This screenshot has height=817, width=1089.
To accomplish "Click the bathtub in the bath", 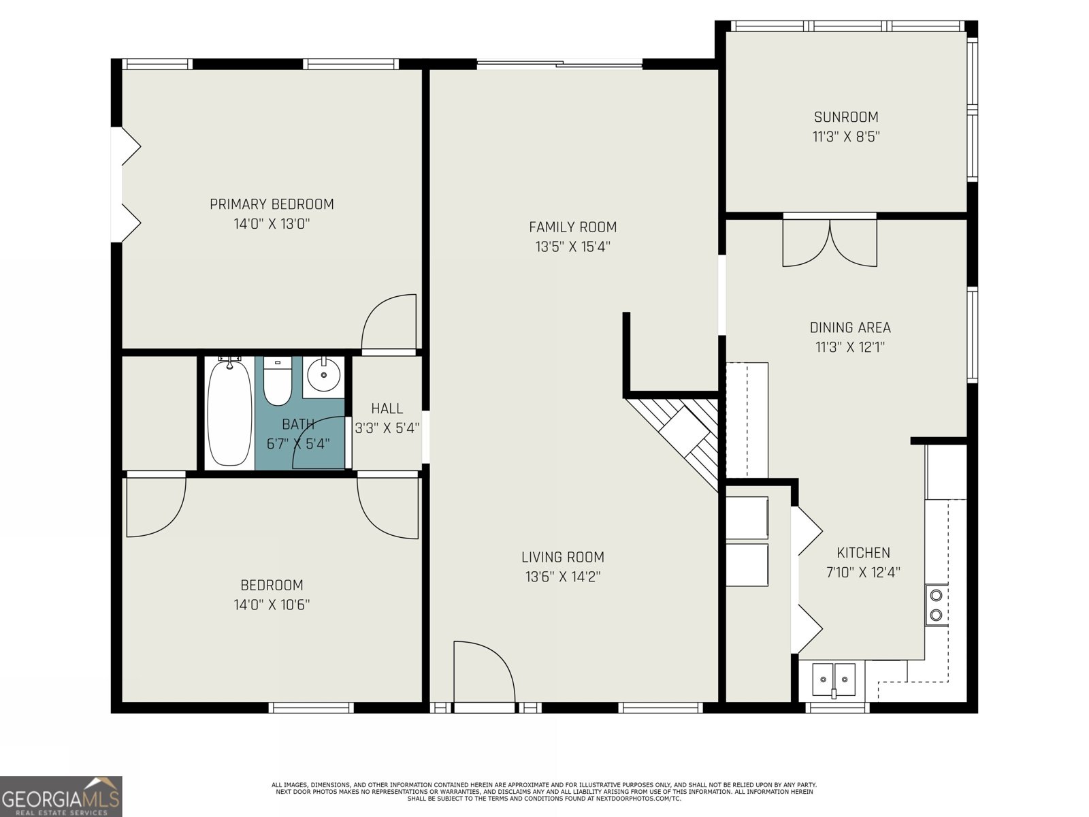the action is pos(229,413).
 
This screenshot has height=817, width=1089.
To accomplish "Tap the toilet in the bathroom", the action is pos(277,381).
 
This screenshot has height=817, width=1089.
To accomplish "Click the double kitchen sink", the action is pos(834,679).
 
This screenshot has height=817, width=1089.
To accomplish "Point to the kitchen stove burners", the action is pos(936,606).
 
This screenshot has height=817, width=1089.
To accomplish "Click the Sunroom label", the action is pos(846,117).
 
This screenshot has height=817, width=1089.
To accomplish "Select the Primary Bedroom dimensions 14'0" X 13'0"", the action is pos(272,224).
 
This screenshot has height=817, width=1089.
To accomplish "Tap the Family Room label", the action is pos(573,227).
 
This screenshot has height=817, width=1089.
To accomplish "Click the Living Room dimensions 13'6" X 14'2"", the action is pos(563,577).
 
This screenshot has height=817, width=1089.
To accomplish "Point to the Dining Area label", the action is pos(850,327).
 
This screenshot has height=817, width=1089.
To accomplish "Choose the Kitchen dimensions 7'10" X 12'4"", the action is pos(863,572).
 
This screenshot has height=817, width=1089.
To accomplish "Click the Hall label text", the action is pos(387,408).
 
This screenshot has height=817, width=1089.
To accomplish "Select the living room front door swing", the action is pos(484,672).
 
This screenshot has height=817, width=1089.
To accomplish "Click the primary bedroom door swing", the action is pos(389,323).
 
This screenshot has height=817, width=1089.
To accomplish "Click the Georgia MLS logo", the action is pos(61,796).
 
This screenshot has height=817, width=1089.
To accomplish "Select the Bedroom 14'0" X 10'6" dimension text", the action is pos(272,605).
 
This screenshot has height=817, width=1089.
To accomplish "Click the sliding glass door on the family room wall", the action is pos(559,64).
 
